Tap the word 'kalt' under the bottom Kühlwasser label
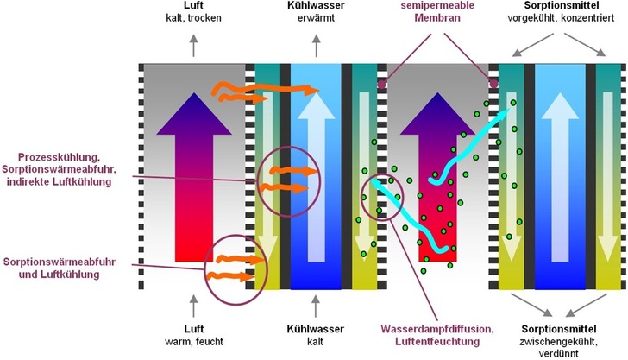pyautogui.click(x=311, y=341)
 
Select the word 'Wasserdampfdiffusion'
pyautogui.click(x=438, y=329)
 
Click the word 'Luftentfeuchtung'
pyautogui.click(x=438, y=342)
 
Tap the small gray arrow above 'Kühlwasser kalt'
pyautogui.click(x=311, y=304)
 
